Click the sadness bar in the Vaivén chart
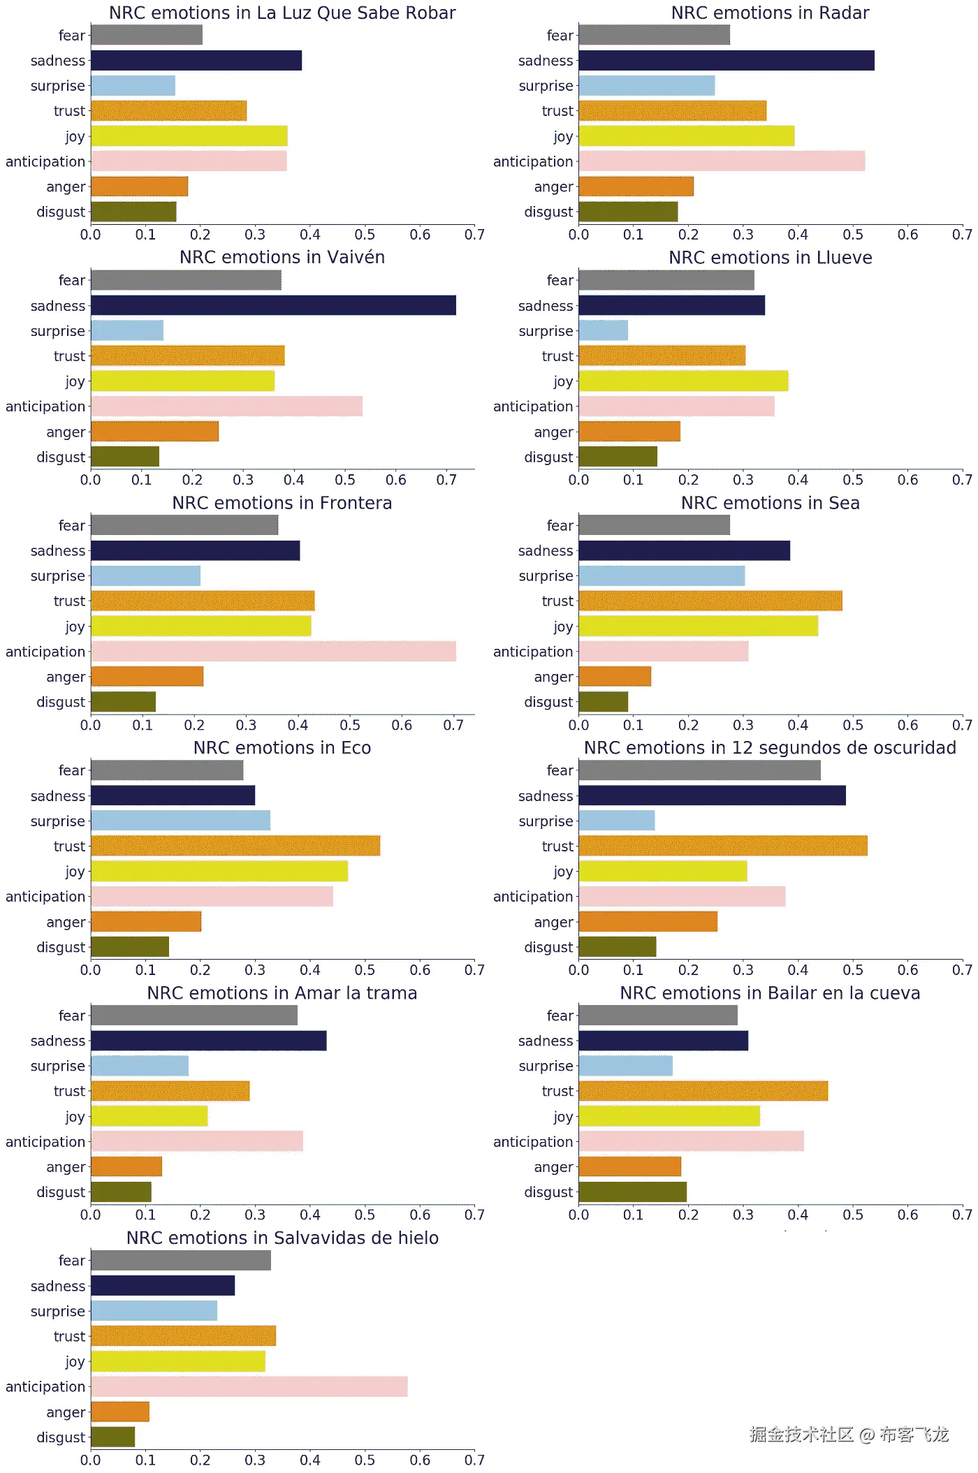pos(273,305)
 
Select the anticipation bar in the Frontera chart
pos(273,652)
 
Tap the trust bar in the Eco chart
pos(235,846)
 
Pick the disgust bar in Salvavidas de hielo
pos(113,1437)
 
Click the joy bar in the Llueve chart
pos(683,381)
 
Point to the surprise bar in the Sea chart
pos(662,576)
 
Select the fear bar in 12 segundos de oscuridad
pos(699,770)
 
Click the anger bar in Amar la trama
pos(126,1166)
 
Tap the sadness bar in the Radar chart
pos(727,61)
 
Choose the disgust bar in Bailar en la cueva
pos(632,1192)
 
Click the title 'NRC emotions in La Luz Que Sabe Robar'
pos(282,13)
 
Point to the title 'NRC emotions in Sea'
pos(770,503)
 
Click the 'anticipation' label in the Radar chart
pos(533,161)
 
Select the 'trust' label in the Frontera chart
pos(69,601)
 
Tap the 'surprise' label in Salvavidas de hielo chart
pos(57,1311)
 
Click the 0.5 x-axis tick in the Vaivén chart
pos(345,481)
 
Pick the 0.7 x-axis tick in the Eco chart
pos(474,970)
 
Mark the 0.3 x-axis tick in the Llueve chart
pos(743,481)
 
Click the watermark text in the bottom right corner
pos(849,1435)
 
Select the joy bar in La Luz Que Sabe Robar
pos(189,136)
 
